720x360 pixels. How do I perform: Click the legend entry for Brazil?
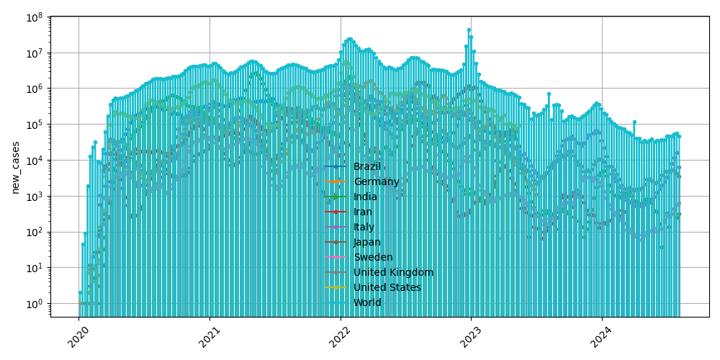click(367, 166)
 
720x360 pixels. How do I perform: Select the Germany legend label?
click(376, 181)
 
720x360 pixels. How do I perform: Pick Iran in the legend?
click(363, 212)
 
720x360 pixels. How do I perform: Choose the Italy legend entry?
click(363, 227)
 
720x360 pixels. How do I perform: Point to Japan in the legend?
click(367, 242)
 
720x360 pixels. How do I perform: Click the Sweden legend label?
click(373, 257)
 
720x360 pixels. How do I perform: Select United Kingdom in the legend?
click(393, 272)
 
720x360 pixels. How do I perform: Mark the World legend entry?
click(367, 302)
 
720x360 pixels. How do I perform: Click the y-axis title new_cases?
click(15, 166)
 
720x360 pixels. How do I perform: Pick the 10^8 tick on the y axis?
click(34, 17)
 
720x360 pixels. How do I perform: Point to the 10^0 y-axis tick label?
click(34, 303)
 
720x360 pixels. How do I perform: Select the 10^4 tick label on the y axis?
click(34, 160)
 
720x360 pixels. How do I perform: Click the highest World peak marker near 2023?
click(469, 30)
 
